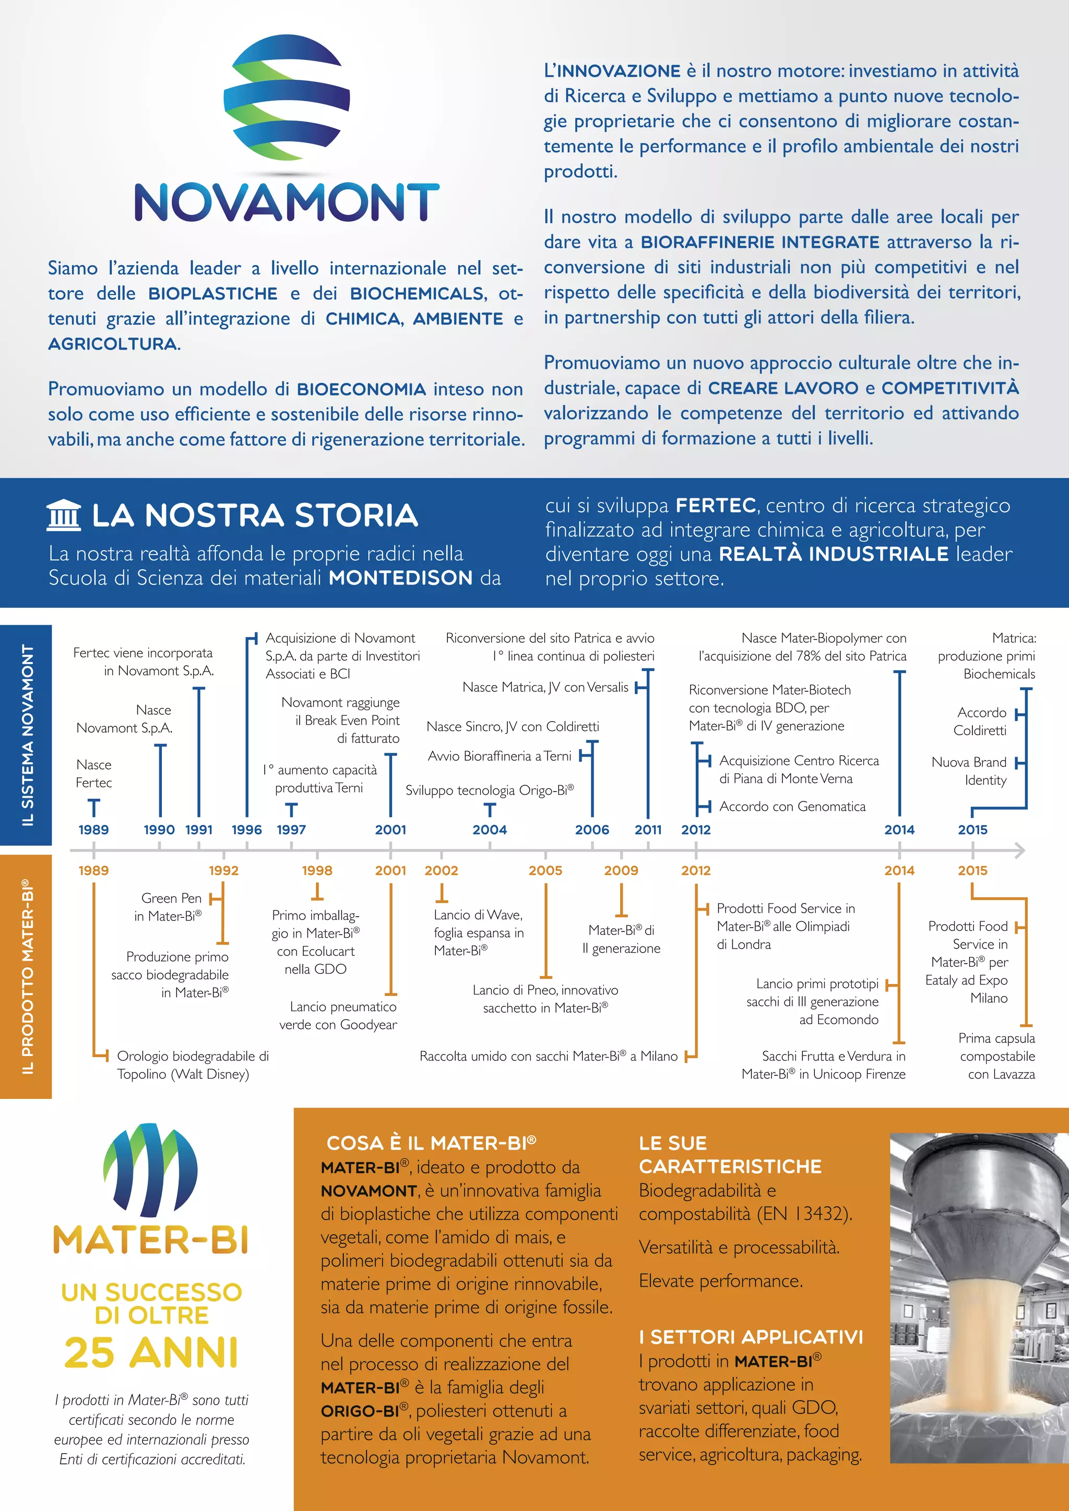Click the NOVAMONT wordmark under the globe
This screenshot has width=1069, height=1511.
coord(287,201)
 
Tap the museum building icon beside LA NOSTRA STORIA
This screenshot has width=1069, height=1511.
coord(64,515)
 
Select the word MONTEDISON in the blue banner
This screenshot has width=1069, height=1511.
coord(400,578)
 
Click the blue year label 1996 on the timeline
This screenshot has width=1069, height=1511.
coord(247,830)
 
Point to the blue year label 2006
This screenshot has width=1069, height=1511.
coord(592,830)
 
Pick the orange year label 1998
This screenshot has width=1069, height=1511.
coord(317,870)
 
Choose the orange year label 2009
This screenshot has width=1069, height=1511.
coord(621,870)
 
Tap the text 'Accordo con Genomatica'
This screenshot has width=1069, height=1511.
coord(792,806)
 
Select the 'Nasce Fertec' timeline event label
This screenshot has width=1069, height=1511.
coord(94,773)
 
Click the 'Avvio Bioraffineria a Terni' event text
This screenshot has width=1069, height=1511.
coord(499,756)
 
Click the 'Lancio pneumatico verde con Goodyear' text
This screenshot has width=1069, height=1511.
coord(338,1015)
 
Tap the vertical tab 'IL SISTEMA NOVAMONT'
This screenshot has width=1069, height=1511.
coord(26,735)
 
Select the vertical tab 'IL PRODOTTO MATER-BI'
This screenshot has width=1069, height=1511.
coord(26,976)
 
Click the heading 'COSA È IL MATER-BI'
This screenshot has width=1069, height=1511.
coord(431,1143)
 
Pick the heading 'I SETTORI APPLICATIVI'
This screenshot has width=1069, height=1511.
coord(751,1337)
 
